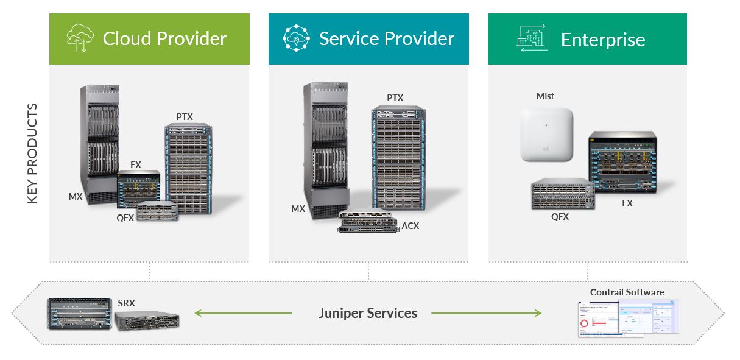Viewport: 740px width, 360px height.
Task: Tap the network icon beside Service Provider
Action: point(297,38)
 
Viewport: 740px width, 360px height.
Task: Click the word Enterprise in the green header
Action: point(602,40)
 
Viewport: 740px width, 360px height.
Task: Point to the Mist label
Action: point(545,96)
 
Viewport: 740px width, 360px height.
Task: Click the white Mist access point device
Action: point(547,134)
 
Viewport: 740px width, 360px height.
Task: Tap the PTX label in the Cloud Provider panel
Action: point(185,116)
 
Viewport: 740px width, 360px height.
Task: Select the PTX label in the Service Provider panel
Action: point(395,97)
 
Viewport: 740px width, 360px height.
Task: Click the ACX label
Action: point(410,226)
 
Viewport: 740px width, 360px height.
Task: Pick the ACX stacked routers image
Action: point(368,221)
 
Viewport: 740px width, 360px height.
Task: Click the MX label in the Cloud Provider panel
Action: point(76,196)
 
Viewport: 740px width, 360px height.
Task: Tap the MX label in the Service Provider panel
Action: point(298,208)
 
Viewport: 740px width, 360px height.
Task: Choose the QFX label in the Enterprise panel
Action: point(560,216)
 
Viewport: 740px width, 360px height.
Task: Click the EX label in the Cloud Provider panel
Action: point(136,164)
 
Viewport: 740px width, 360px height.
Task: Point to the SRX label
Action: point(126,302)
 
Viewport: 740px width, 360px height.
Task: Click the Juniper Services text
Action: point(367,313)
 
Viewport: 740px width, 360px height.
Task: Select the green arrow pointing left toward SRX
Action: point(243,313)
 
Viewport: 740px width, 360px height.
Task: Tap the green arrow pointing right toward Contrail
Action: point(486,313)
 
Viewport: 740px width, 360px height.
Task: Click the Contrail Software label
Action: point(627,292)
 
